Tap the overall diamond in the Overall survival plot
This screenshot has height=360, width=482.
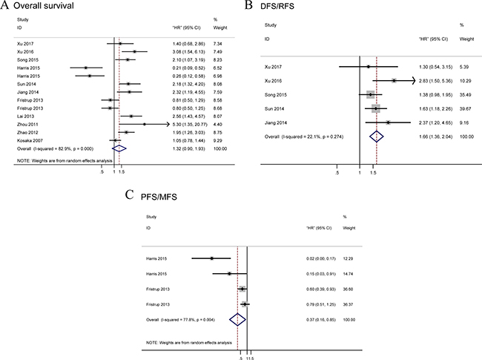tap(117, 148)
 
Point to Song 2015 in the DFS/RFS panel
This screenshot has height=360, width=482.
tap(277, 96)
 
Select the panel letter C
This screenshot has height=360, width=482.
tap(130, 196)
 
